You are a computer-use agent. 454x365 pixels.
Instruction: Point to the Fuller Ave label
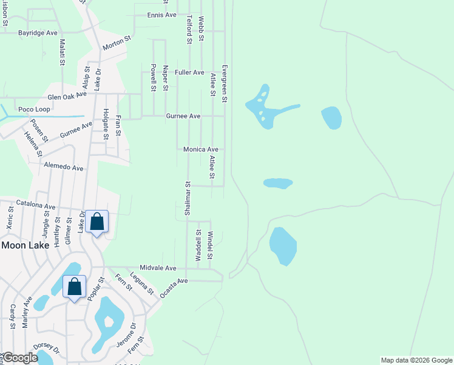[189, 72]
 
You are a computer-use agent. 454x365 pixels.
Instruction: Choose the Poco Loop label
[34, 109]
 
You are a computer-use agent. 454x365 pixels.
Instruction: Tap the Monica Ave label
[200, 149]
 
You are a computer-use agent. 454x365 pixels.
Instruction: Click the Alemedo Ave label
[63, 167]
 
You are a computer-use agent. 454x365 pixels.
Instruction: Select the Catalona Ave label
[36, 206]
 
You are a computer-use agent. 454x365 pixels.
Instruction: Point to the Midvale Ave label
[158, 268]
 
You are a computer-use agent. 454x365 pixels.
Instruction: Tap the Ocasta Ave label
[175, 287]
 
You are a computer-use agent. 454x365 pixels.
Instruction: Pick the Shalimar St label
[188, 198]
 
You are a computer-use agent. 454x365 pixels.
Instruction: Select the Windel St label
[211, 246]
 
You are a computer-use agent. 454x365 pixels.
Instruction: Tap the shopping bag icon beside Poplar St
[74, 286]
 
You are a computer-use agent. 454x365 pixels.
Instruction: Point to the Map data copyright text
[416, 360]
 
